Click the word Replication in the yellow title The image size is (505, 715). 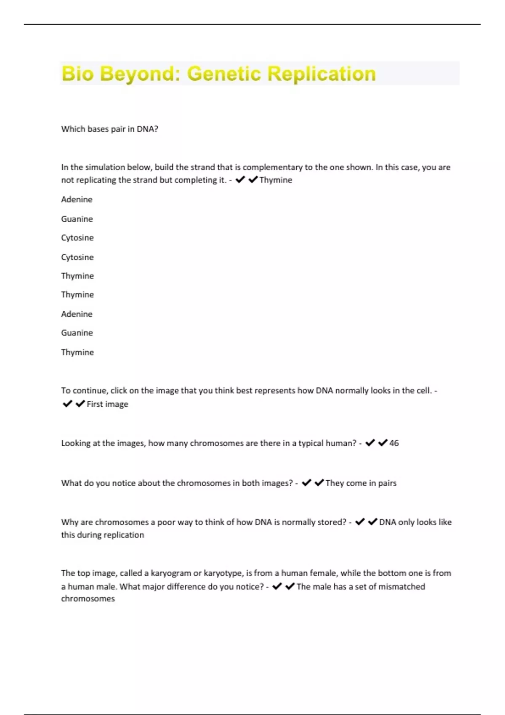pos(322,74)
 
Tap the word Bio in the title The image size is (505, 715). pos(77,74)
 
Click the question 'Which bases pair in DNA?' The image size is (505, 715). pos(109,129)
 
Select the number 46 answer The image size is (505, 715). pos(394,443)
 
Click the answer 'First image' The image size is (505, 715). pos(107,404)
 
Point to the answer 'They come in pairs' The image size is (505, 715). pos(361,483)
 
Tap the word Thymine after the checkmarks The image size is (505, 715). pos(276,180)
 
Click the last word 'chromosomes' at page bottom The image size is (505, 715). pos(88,598)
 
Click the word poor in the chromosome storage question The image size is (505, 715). pos(167,522)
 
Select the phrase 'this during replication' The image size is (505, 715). pos(102,535)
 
